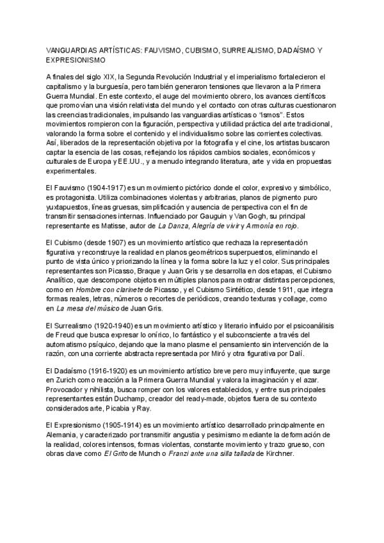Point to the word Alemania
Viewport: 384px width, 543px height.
[62, 432]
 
